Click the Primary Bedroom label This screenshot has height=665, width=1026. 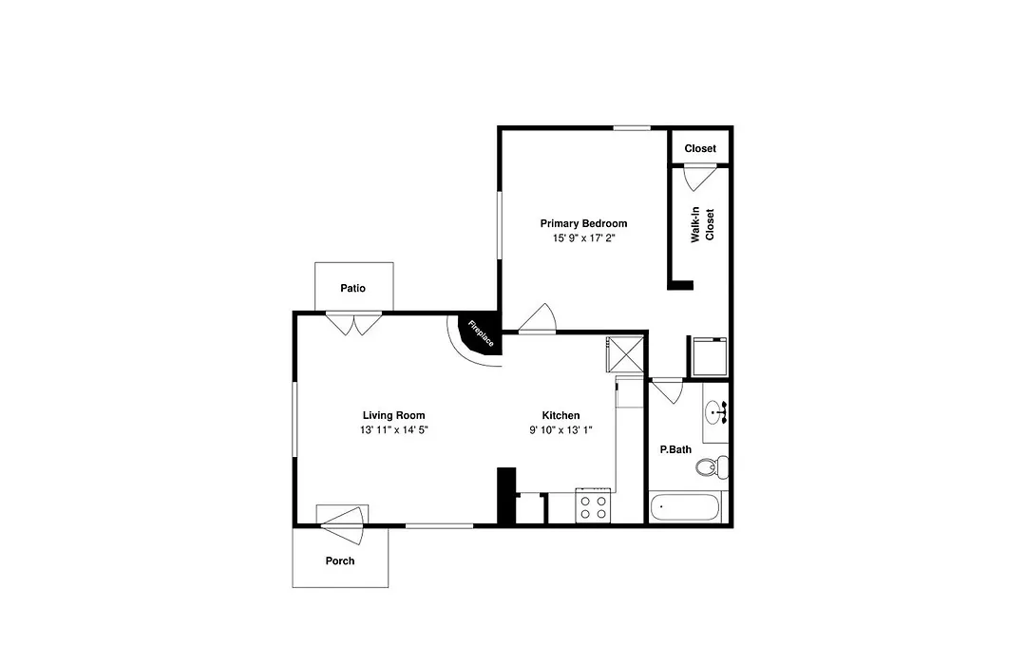tap(583, 223)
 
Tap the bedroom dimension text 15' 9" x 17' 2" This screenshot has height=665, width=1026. tap(583, 238)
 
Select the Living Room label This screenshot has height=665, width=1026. tap(394, 415)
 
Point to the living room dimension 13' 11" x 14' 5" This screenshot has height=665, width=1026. tap(394, 430)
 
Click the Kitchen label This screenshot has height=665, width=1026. tap(560, 415)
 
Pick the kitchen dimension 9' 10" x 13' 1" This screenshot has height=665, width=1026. tap(560, 430)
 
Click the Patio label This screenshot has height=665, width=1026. tap(352, 288)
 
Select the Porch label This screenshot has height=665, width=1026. tap(340, 560)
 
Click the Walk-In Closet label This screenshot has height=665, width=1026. tap(702, 225)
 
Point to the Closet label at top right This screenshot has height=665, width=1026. tap(700, 148)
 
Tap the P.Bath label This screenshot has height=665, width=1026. tap(675, 449)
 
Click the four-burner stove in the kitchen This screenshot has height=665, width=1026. tap(593, 506)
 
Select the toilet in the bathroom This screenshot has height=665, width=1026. tap(712, 466)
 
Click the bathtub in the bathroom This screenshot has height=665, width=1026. tap(685, 508)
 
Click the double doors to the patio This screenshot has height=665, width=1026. tap(353, 324)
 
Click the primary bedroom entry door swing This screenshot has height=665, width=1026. tap(537, 319)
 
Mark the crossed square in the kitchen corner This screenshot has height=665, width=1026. tap(625, 355)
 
